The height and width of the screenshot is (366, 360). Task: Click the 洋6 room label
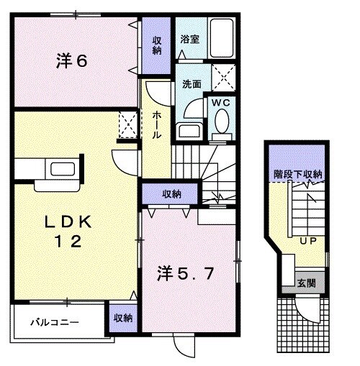coord(71,61)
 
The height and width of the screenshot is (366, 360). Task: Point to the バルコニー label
coord(55,321)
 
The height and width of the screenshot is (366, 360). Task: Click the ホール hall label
coord(156,125)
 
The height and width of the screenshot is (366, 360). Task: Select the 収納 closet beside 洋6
coord(156,45)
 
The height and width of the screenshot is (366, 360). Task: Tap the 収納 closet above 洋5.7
coord(171,194)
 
